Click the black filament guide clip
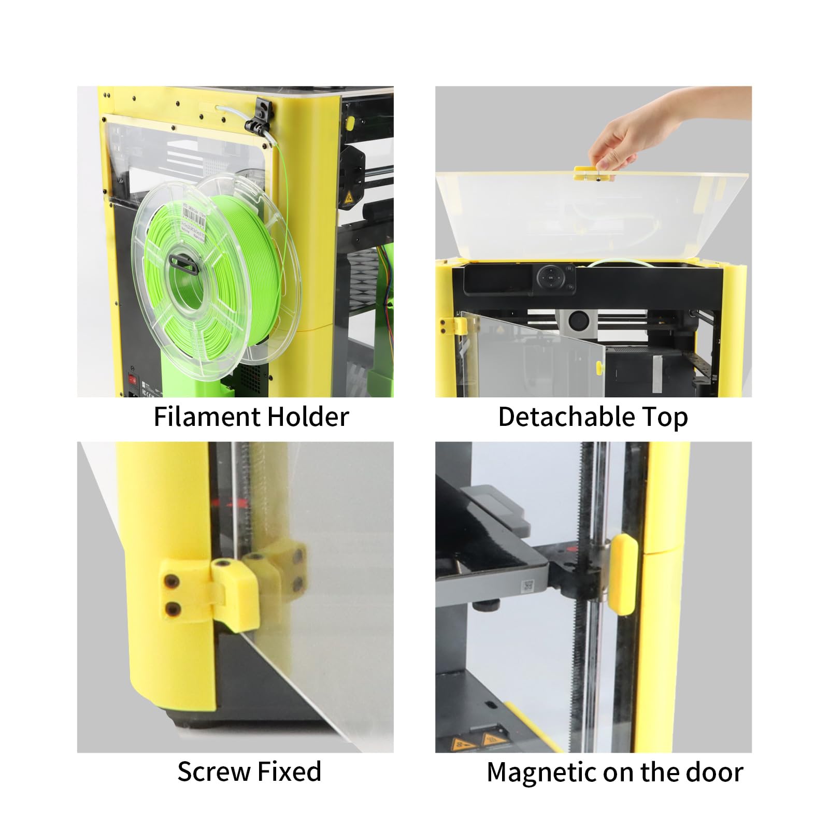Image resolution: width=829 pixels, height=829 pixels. click(261, 118)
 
